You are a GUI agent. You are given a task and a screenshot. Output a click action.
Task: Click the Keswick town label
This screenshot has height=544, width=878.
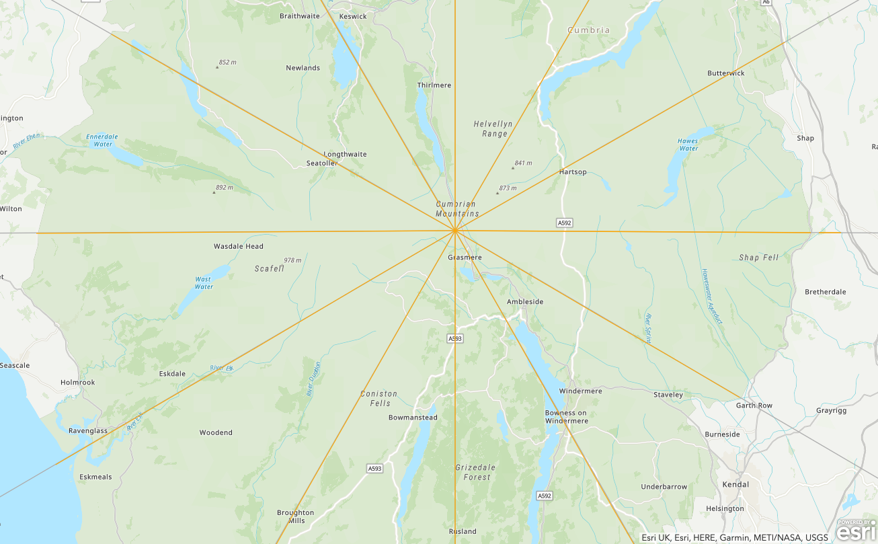pos(353,16)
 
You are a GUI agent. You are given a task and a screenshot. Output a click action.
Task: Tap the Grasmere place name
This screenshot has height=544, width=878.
pos(465,258)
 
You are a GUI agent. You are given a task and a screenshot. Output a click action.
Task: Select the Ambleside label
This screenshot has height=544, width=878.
pos(524,302)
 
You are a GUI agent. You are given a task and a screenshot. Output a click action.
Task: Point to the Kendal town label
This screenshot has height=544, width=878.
pos(735,484)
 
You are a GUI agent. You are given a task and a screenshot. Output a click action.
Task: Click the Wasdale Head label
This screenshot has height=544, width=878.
pos(238,246)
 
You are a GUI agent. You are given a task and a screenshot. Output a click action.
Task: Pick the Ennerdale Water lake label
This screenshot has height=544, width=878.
pos(102,141)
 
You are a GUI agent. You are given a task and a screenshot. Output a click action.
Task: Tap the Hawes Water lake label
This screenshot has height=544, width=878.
pos(688,145)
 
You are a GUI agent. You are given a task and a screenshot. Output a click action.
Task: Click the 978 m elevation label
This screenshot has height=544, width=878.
pos(292,260)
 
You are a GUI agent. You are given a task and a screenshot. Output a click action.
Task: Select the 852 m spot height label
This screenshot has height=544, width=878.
pos(227,63)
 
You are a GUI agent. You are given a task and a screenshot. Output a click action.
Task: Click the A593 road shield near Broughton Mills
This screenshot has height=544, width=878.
pos(374,468)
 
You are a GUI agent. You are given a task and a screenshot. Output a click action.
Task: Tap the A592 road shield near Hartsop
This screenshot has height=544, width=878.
pos(564,223)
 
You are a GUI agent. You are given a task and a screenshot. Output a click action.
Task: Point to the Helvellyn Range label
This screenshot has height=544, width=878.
pos(493,129)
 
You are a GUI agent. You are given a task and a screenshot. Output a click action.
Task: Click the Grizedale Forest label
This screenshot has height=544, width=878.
pos(475,472)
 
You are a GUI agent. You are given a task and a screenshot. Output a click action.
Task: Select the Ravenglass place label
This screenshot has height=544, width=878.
pos(87,431)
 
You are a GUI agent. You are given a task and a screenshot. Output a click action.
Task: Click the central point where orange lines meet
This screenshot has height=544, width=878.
pos(455,231)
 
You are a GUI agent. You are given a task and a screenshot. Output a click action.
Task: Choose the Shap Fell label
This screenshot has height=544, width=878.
pos(758,258)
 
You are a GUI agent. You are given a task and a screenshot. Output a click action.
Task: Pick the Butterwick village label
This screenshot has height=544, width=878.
pos(726,73)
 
